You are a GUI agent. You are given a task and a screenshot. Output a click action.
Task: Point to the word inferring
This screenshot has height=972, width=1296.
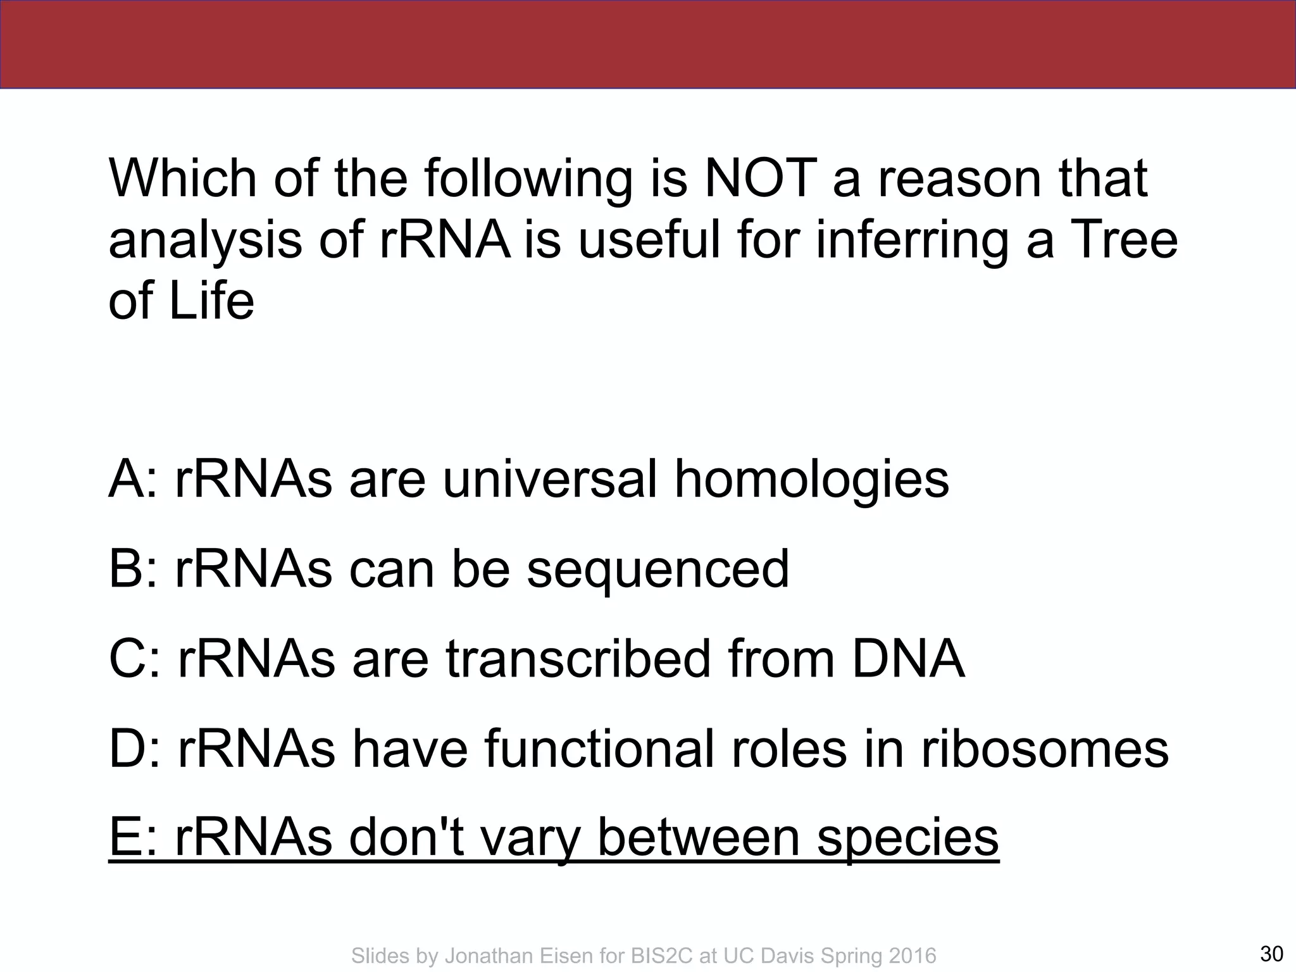(x=912, y=241)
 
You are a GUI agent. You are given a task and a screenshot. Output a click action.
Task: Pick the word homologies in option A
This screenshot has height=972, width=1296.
(x=812, y=480)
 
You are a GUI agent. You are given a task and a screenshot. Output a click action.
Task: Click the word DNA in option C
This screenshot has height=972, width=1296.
(x=907, y=659)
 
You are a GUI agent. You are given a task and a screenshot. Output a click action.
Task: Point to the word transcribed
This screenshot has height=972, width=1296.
(x=578, y=659)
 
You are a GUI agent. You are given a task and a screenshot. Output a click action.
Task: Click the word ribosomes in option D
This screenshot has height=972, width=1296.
(x=1044, y=749)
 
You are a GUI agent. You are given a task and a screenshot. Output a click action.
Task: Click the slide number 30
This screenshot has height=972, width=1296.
(x=1271, y=953)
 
